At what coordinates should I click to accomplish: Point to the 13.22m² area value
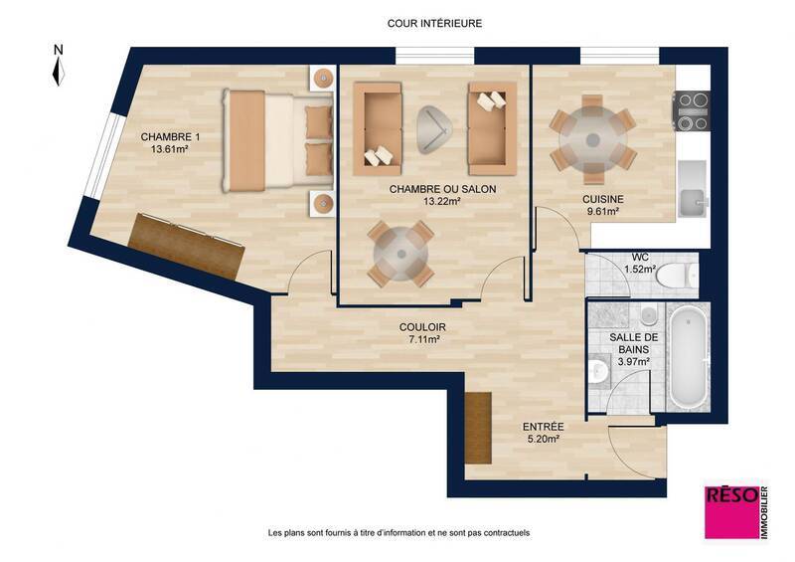pyautogui.click(x=442, y=200)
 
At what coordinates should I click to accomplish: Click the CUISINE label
pyautogui.click(x=601, y=198)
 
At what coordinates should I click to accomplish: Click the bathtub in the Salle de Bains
pyautogui.click(x=686, y=357)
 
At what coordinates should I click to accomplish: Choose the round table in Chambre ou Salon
pyautogui.click(x=400, y=253)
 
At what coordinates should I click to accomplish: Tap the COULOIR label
pyautogui.click(x=421, y=326)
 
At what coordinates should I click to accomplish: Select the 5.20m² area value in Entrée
pyautogui.click(x=543, y=439)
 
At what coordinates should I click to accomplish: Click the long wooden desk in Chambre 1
pyautogui.click(x=186, y=244)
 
